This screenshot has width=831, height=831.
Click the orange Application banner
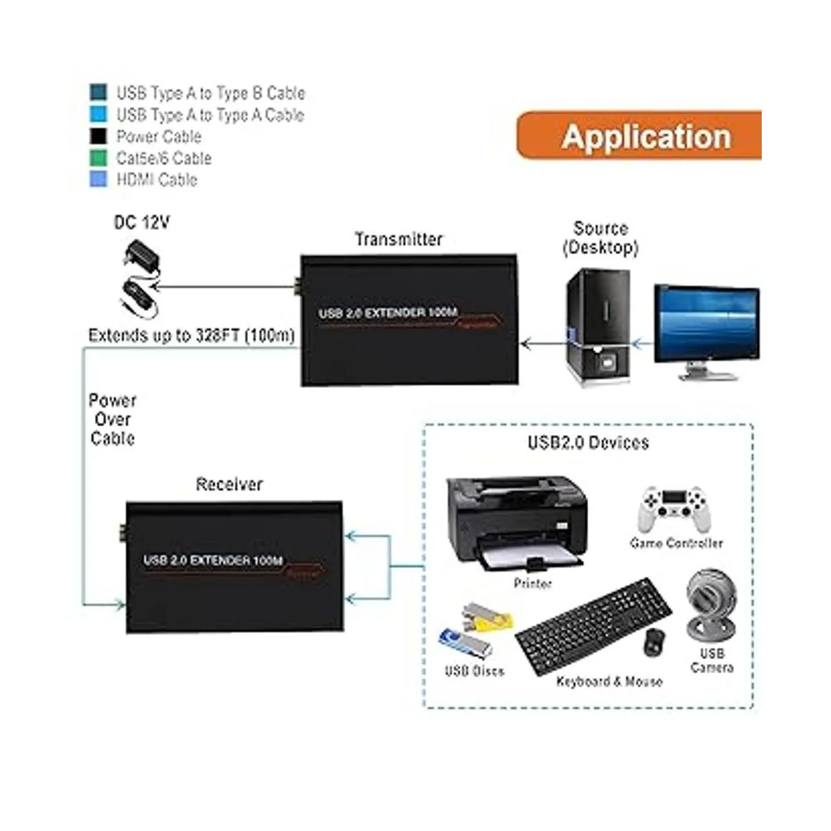(640, 136)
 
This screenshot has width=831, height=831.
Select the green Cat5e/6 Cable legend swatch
(98, 158)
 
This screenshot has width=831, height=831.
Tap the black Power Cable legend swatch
(98, 136)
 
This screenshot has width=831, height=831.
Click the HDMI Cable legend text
(157, 180)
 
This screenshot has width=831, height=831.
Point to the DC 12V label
(141, 222)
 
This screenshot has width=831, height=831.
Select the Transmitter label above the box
(398, 240)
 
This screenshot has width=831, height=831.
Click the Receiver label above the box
(229, 484)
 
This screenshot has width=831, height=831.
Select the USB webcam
(711, 605)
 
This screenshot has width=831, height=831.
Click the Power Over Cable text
(112, 419)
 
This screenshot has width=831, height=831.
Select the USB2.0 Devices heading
(588, 443)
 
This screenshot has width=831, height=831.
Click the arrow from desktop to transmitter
(543, 342)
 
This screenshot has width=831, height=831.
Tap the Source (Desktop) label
(600, 238)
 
